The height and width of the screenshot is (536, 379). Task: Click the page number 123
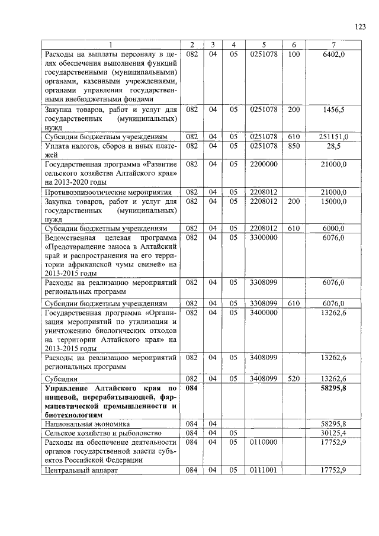point(361,25)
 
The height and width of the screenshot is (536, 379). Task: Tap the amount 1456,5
point(334,110)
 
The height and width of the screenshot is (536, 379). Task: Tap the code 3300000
point(264,237)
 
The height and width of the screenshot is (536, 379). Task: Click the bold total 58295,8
point(333,387)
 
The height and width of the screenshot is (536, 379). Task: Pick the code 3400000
point(264,312)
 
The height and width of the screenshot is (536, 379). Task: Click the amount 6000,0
point(334,228)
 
